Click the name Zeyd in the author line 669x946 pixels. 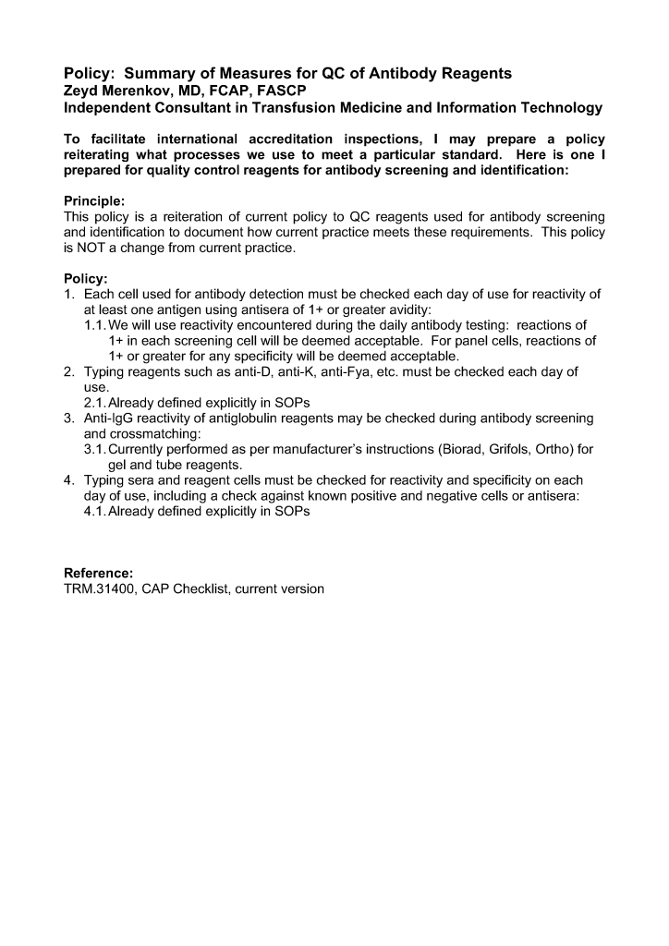[80, 91]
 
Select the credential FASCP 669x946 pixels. [279, 91]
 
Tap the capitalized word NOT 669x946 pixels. [92, 249]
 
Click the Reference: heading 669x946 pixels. [98, 574]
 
